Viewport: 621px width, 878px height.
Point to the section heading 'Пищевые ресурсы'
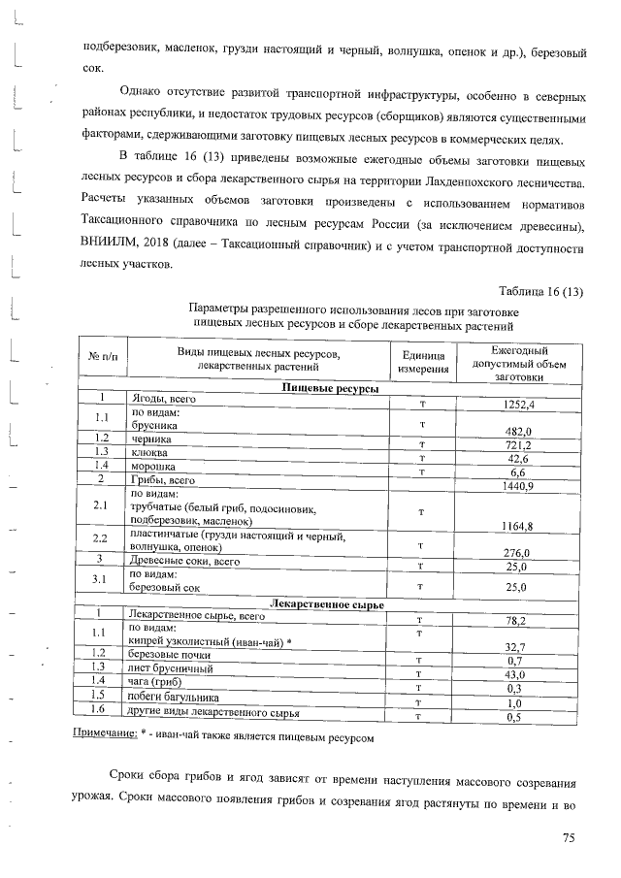(331, 388)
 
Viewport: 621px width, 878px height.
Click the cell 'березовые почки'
(171, 656)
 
